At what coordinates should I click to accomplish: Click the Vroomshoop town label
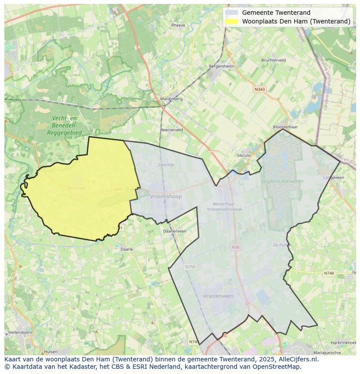[166, 196]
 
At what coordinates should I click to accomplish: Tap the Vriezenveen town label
[218, 296]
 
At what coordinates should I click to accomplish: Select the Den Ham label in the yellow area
[77, 188]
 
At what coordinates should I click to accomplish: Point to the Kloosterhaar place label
[285, 127]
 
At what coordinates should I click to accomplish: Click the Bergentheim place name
[221, 66]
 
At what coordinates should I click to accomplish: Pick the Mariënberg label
[171, 99]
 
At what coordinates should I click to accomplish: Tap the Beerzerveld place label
[171, 130]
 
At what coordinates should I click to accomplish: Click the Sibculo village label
[243, 155]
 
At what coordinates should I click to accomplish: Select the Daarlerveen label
[174, 231]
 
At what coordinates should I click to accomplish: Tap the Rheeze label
[178, 25]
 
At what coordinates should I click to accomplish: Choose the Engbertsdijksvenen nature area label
[283, 181]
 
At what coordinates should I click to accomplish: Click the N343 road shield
[260, 89]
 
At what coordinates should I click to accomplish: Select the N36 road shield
[236, 247]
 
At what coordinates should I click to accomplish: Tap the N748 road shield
[329, 273]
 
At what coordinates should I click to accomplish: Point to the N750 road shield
[190, 267]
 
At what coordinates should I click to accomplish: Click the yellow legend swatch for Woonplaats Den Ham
[232, 21]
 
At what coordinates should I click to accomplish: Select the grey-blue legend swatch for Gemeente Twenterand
[232, 13]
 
